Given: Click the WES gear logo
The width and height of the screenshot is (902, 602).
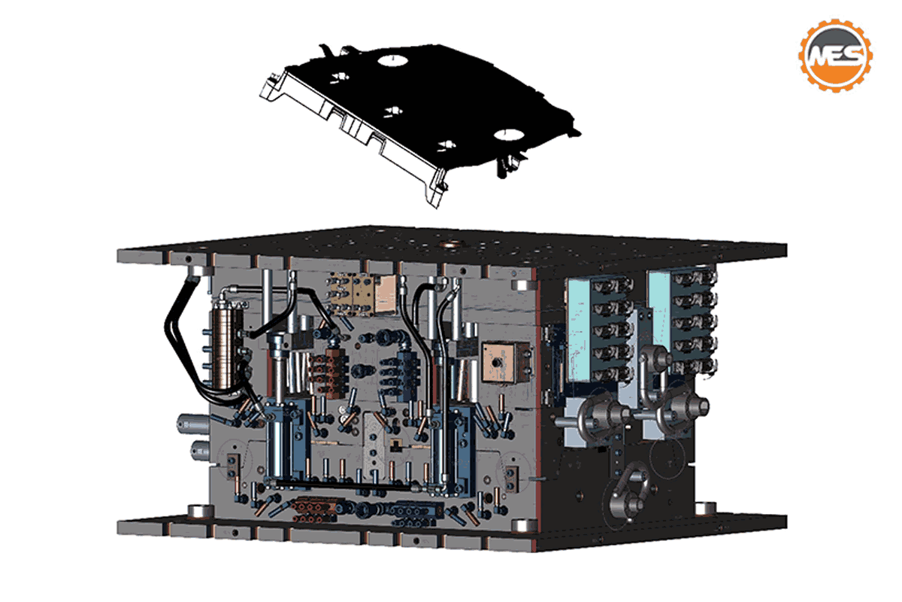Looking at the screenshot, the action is [836, 55].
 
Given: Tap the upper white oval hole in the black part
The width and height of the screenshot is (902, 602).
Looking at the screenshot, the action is [392, 60].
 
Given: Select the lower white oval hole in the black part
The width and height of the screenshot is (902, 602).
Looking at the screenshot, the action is [509, 135].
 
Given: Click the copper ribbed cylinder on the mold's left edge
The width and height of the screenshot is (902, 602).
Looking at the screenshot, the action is [227, 347].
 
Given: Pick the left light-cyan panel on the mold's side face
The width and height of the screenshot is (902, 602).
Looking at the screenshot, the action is [579, 328].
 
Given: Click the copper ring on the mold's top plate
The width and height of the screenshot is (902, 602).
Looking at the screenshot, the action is [451, 245].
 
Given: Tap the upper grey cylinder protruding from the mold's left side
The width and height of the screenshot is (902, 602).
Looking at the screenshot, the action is [193, 424].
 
